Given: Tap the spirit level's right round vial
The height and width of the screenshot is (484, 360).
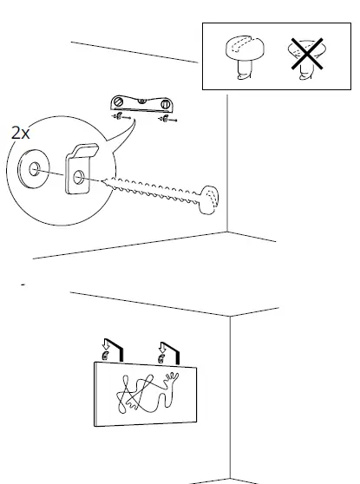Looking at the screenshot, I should (164, 104).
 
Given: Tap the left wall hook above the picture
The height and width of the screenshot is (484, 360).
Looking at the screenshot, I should (106, 356).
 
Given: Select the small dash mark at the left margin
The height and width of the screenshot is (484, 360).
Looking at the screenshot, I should (21, 284).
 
